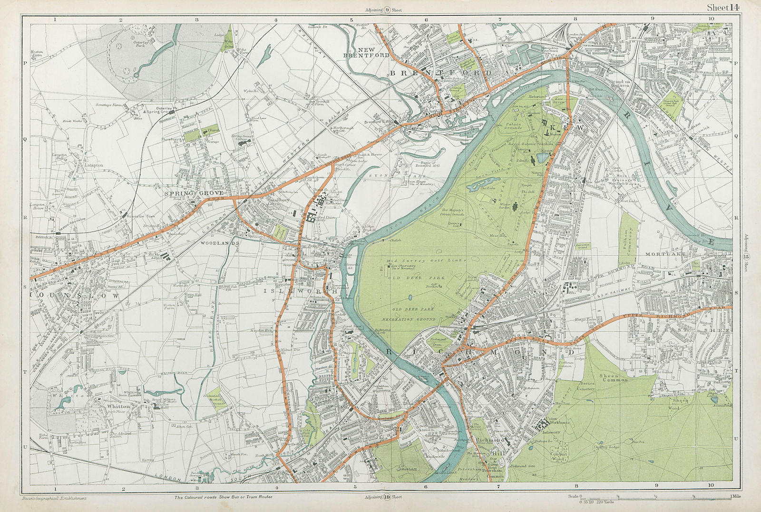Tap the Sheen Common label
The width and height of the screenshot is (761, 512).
pos(614,377)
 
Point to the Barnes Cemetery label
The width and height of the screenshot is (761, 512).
pos(586,386)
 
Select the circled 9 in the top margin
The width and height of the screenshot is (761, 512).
pos(387,10)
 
